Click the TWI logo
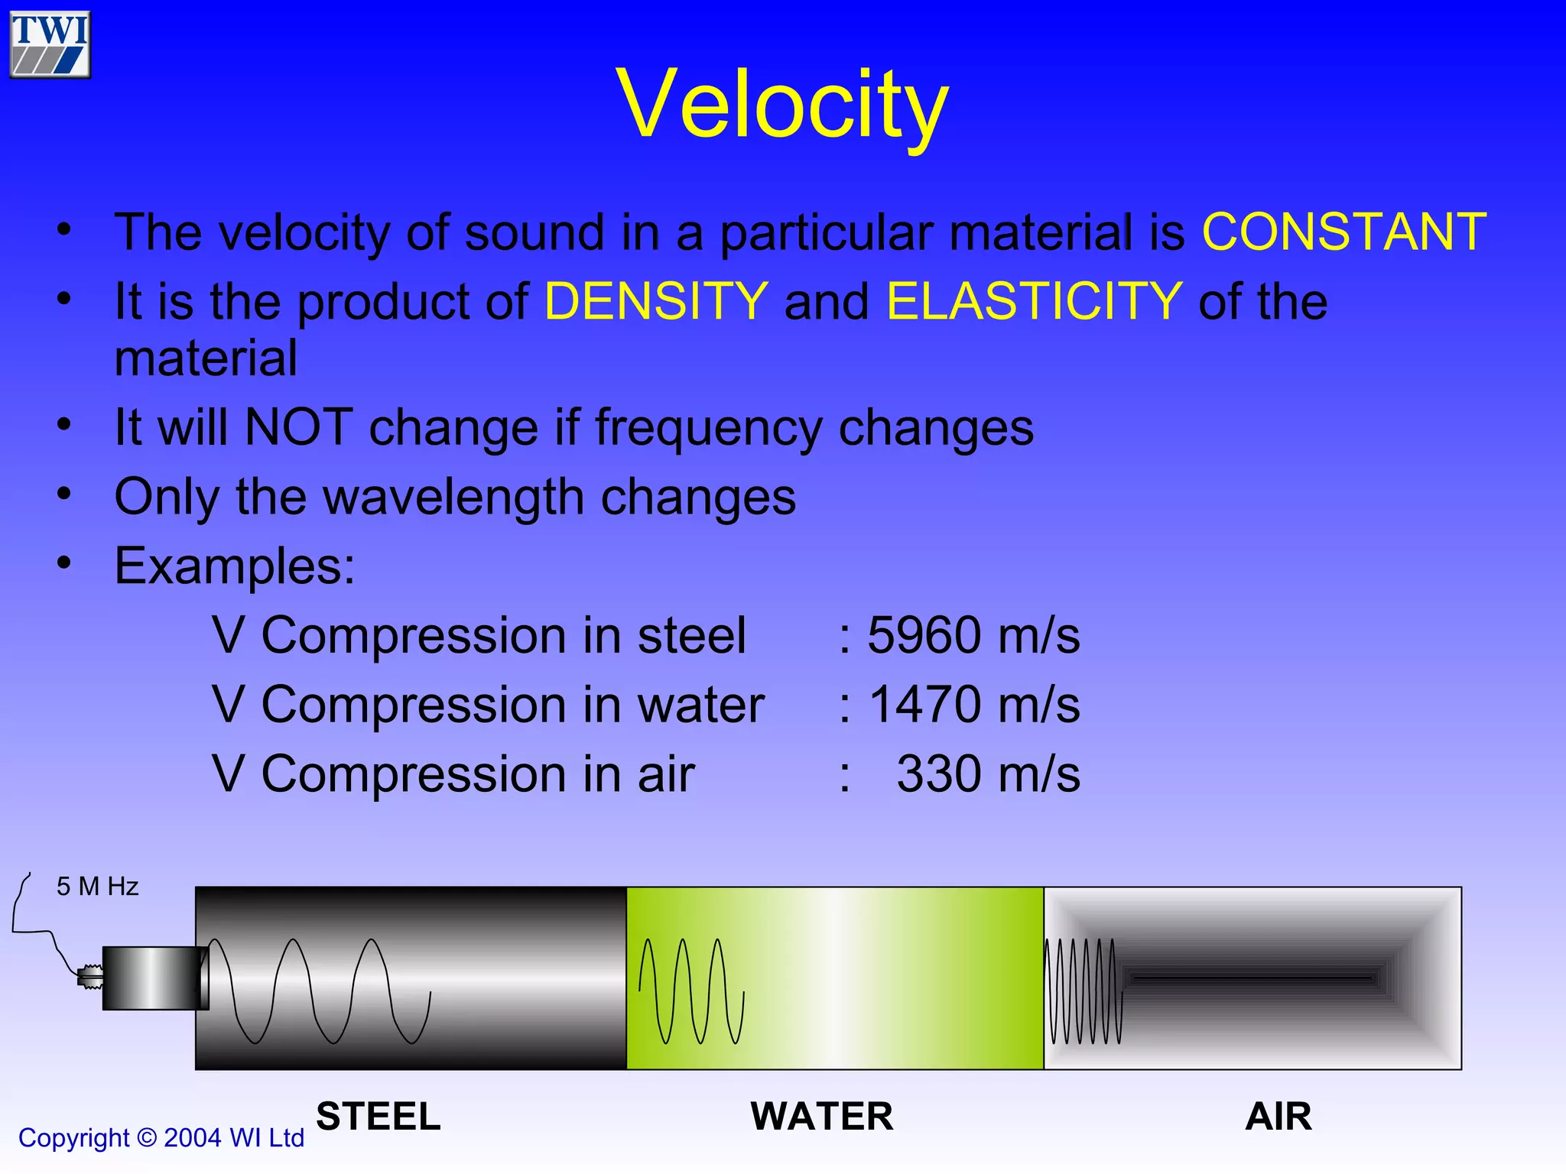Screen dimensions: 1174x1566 (x=50, y=44)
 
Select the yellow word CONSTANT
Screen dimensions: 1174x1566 (x=1343, y=232)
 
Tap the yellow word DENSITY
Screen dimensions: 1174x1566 (x=656, y=301)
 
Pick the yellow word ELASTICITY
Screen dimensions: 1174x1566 (x=1034, y=301)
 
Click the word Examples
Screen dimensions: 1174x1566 (x=234, y=566)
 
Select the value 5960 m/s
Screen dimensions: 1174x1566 (x=973, y=635)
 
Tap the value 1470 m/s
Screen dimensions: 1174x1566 (x=974, y=704)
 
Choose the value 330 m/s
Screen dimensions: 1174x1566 (x=987, y=774)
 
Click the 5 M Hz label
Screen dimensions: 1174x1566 (x=97, y=887)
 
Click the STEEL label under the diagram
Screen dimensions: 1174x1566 (x=379, y=1117)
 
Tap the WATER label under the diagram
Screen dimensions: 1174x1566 (x=822, y=1117)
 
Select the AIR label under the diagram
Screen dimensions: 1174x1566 (x=1278, y=1117)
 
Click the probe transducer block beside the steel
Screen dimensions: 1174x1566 (x=153, y=978)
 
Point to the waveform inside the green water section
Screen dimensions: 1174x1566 (x=690, y=991)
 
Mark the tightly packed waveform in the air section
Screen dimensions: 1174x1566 (x=1084, y=991)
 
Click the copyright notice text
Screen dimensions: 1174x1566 (x=161, y=1138)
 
